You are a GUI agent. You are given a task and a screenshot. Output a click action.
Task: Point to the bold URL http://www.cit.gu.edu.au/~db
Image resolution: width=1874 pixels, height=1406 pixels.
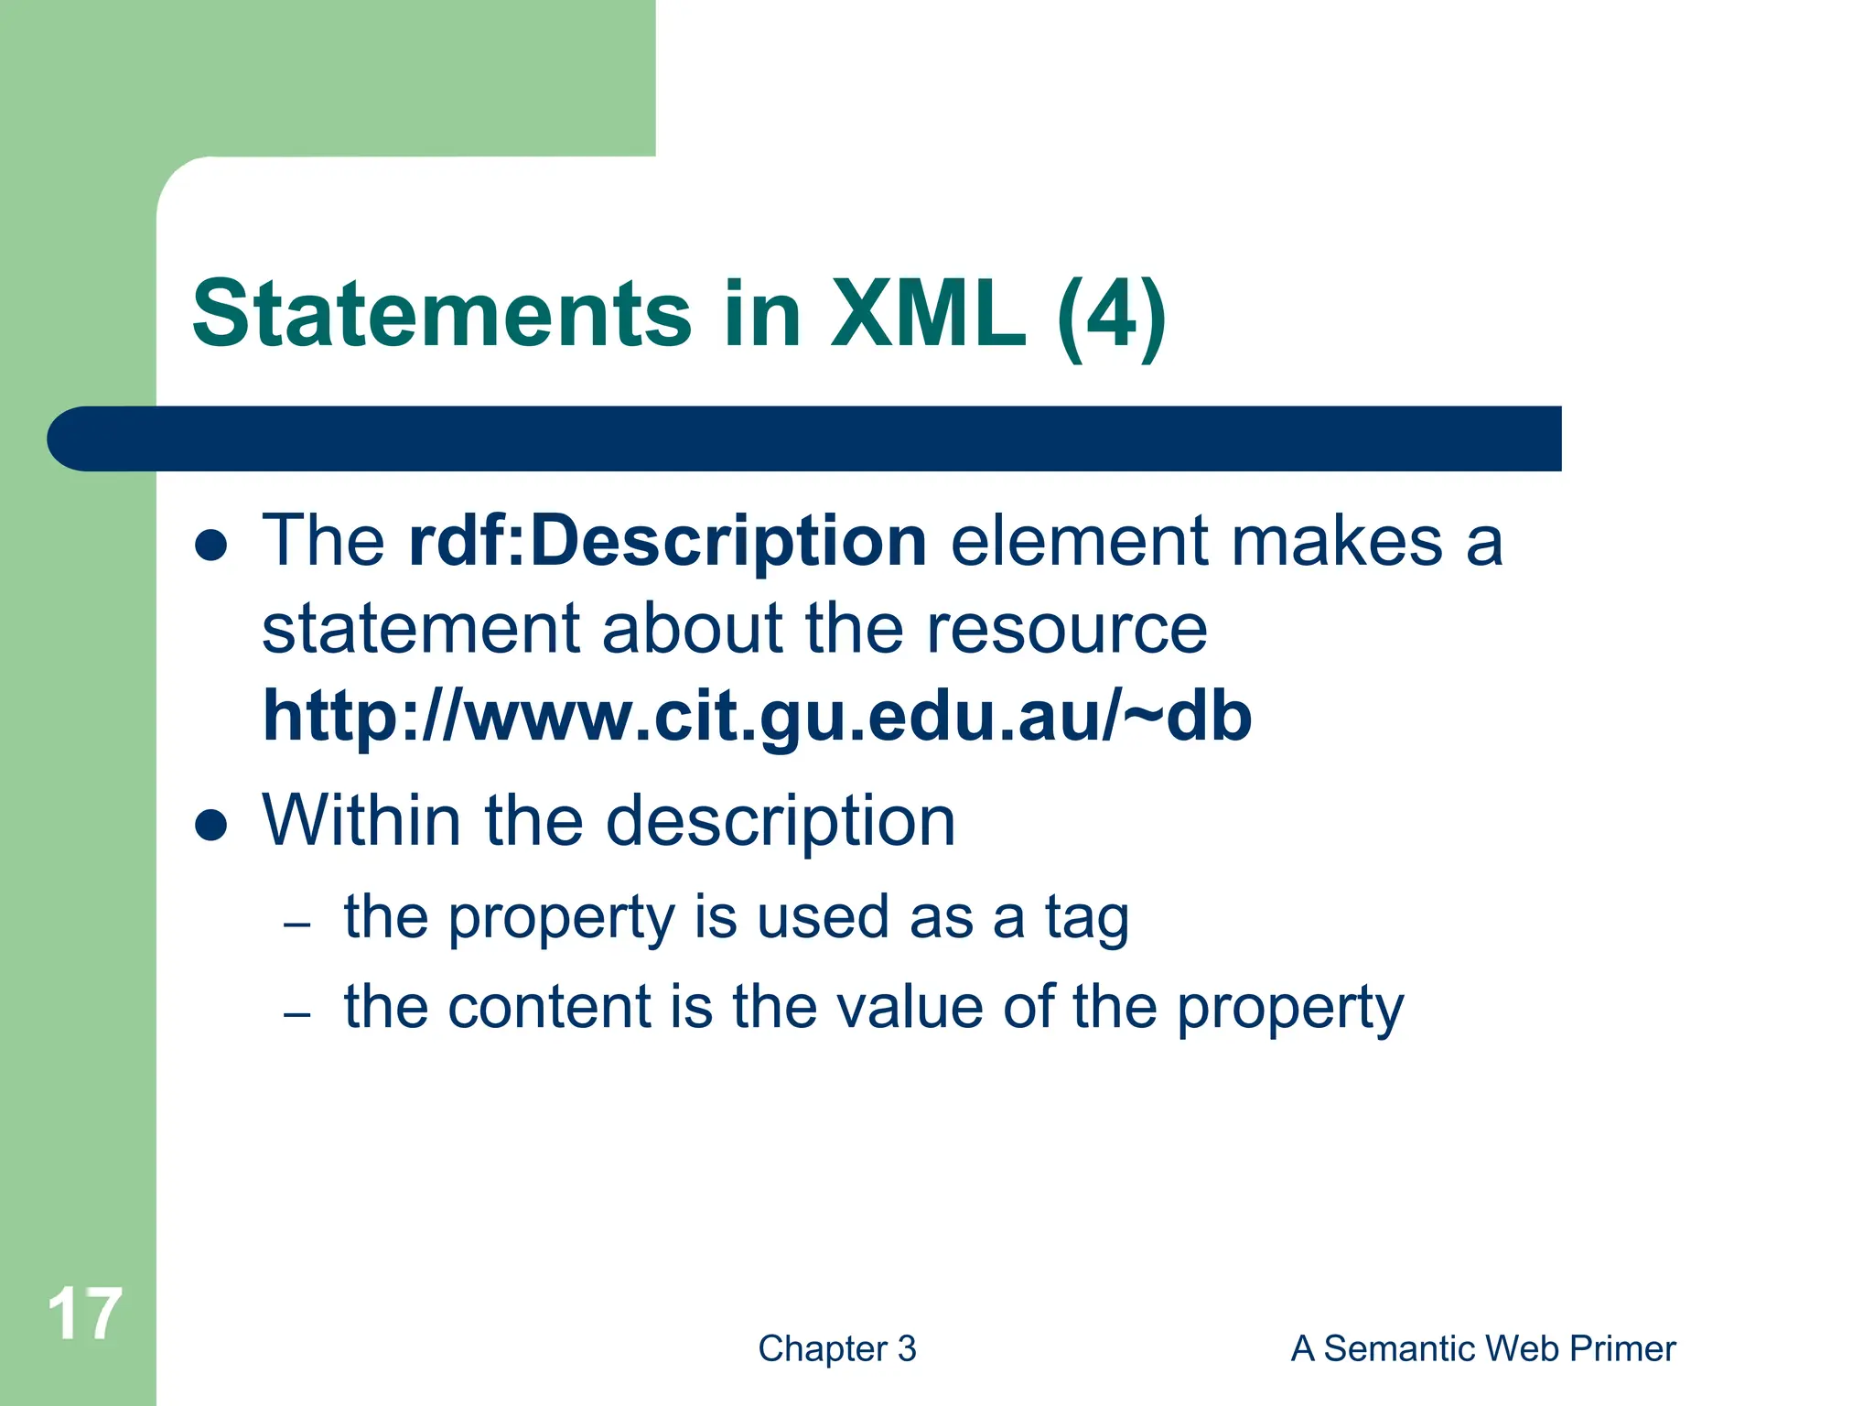[x=757, y=716]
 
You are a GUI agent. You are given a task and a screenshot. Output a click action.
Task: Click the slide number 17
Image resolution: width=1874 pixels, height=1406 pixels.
[x=84, y=1314]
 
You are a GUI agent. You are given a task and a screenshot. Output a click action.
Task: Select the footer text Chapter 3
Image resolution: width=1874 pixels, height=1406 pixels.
[x=836, y=1348]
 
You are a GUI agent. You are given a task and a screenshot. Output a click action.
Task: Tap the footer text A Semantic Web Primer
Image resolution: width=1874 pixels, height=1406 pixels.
[x=1482, y=1348]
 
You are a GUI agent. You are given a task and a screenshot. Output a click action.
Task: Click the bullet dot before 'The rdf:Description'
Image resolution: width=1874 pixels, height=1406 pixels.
[x=211, y=546]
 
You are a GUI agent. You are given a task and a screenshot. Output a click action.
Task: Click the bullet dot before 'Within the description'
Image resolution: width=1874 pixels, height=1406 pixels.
[x=211, y=825]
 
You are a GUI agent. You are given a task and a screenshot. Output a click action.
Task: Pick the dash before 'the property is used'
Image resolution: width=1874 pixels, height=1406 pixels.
[x=297, y=925]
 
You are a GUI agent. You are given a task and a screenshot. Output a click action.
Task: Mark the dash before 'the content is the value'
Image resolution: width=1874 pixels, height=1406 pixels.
[x=297, y=1014]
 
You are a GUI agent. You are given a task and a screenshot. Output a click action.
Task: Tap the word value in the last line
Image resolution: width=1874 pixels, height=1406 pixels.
[x=909, y=1007]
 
